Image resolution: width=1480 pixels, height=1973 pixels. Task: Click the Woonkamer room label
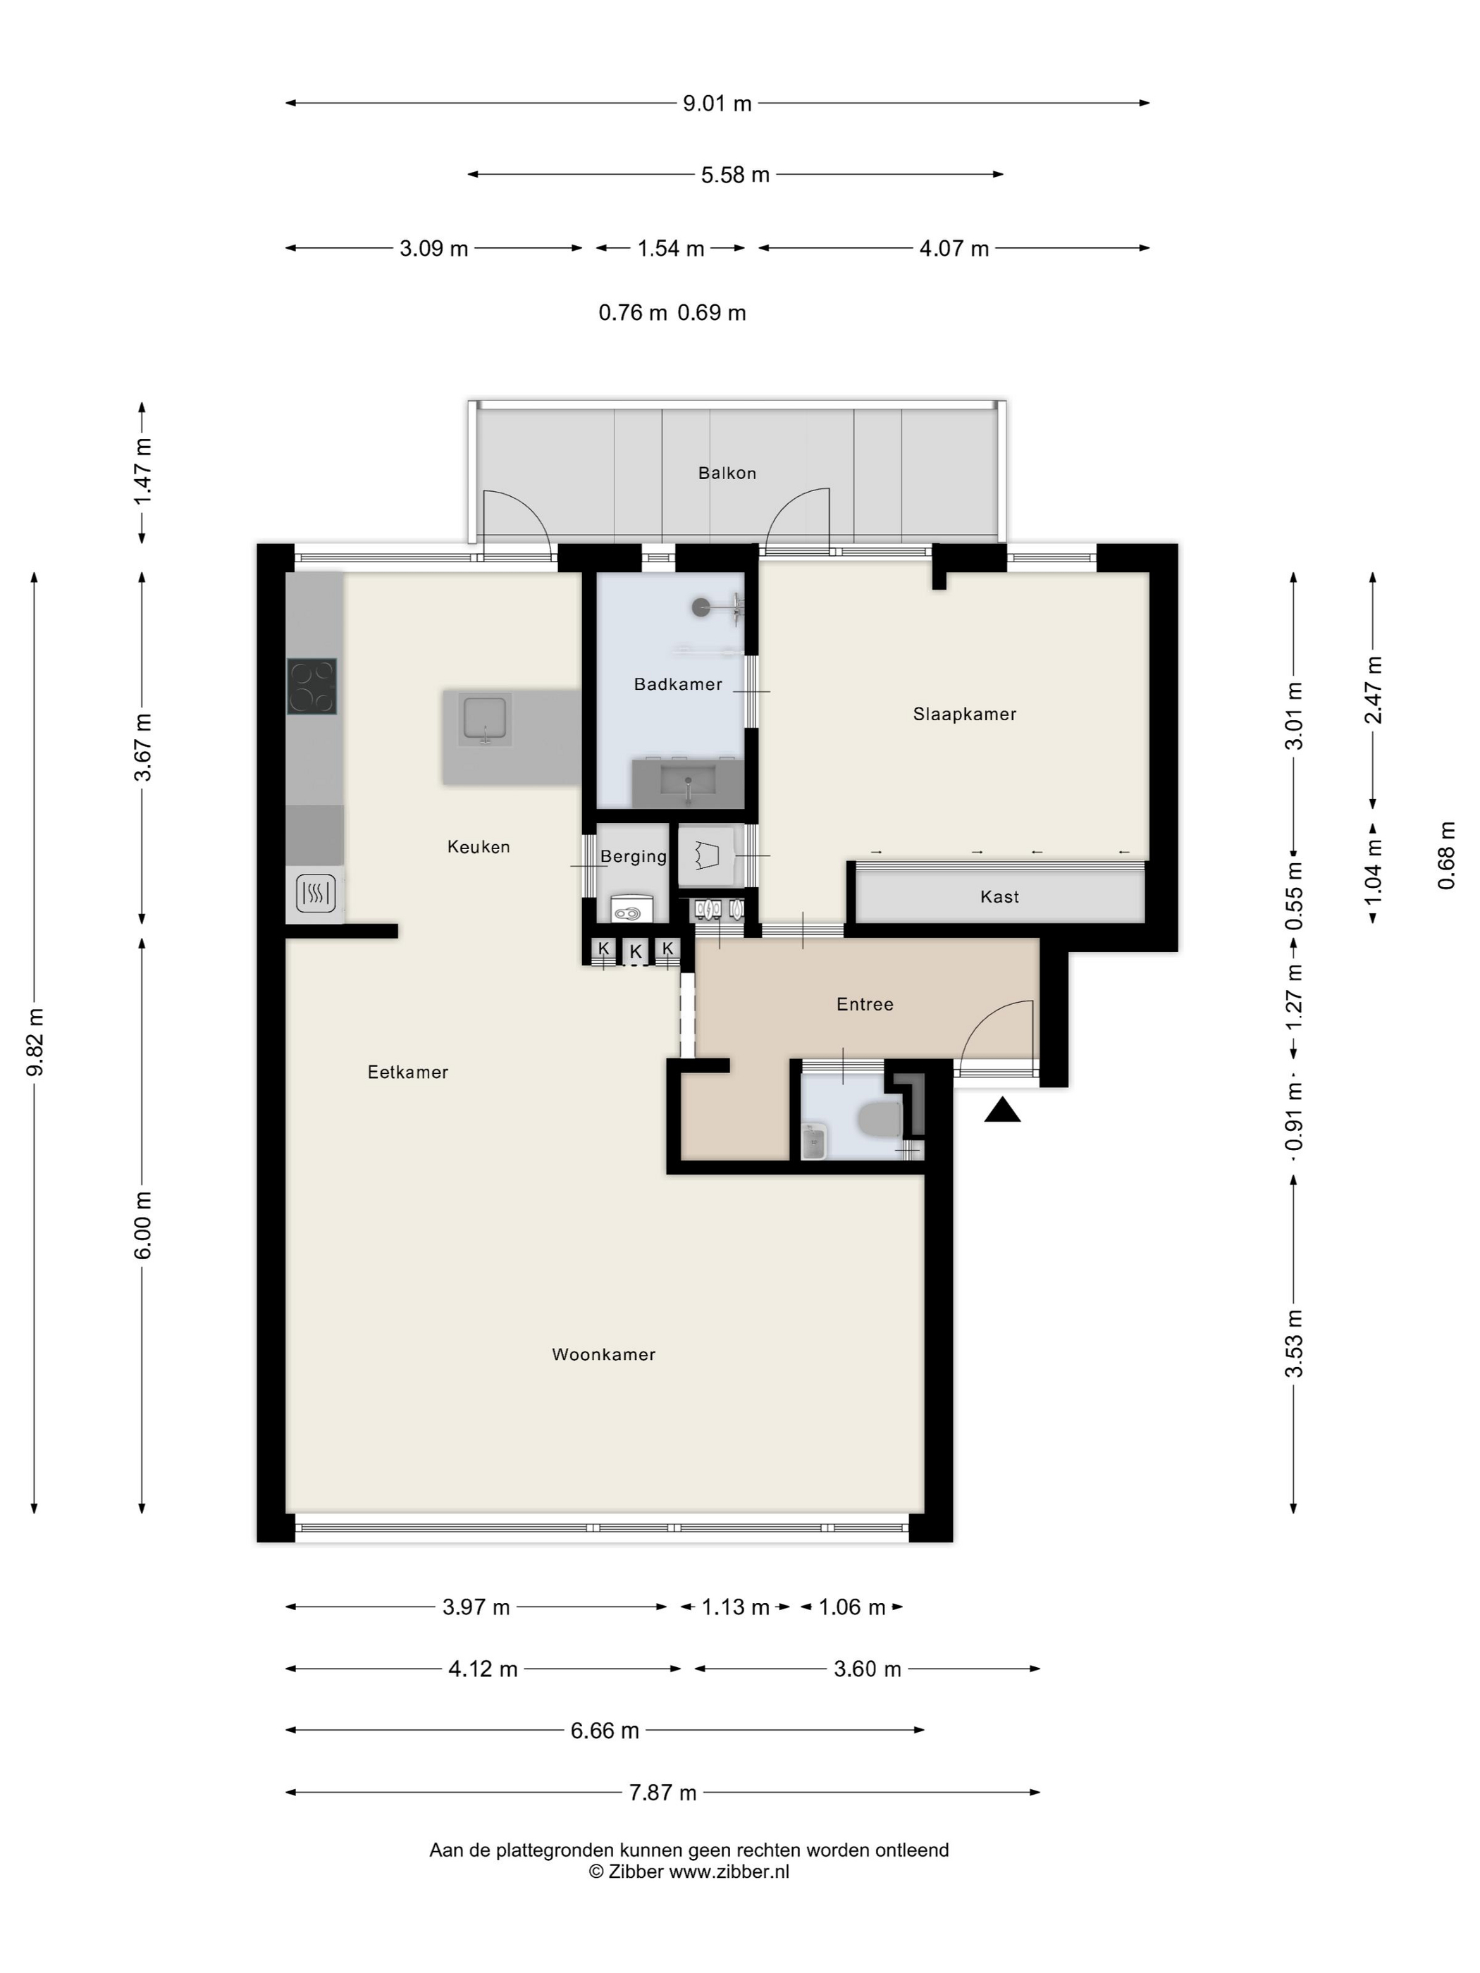coord(603,1354)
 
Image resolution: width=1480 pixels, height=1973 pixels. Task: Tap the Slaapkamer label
coord(964,714)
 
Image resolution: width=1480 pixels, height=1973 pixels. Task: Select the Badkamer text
coord(678,684)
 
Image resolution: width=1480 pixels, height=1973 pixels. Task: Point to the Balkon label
coord(727,473)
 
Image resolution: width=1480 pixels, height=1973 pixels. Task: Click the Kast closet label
coord(999,896)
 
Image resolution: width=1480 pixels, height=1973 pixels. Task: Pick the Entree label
coord(865,1004)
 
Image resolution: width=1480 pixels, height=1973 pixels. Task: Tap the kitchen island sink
coord(484,722)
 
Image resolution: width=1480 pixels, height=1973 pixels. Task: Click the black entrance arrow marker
coord(1003,1110)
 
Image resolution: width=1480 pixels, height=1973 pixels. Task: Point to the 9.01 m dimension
coord(717,104)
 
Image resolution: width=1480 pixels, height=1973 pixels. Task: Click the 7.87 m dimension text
coord(663,1793)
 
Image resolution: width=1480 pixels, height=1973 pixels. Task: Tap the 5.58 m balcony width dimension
coord(735,175)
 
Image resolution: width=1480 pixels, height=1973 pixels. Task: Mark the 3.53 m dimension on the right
coord(1293,1343)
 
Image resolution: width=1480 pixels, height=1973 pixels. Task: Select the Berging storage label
coord(634,856)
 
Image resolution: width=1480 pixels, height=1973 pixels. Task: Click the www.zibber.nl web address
coord(729,1872)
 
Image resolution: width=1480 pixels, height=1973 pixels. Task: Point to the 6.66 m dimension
coord(605,1731)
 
